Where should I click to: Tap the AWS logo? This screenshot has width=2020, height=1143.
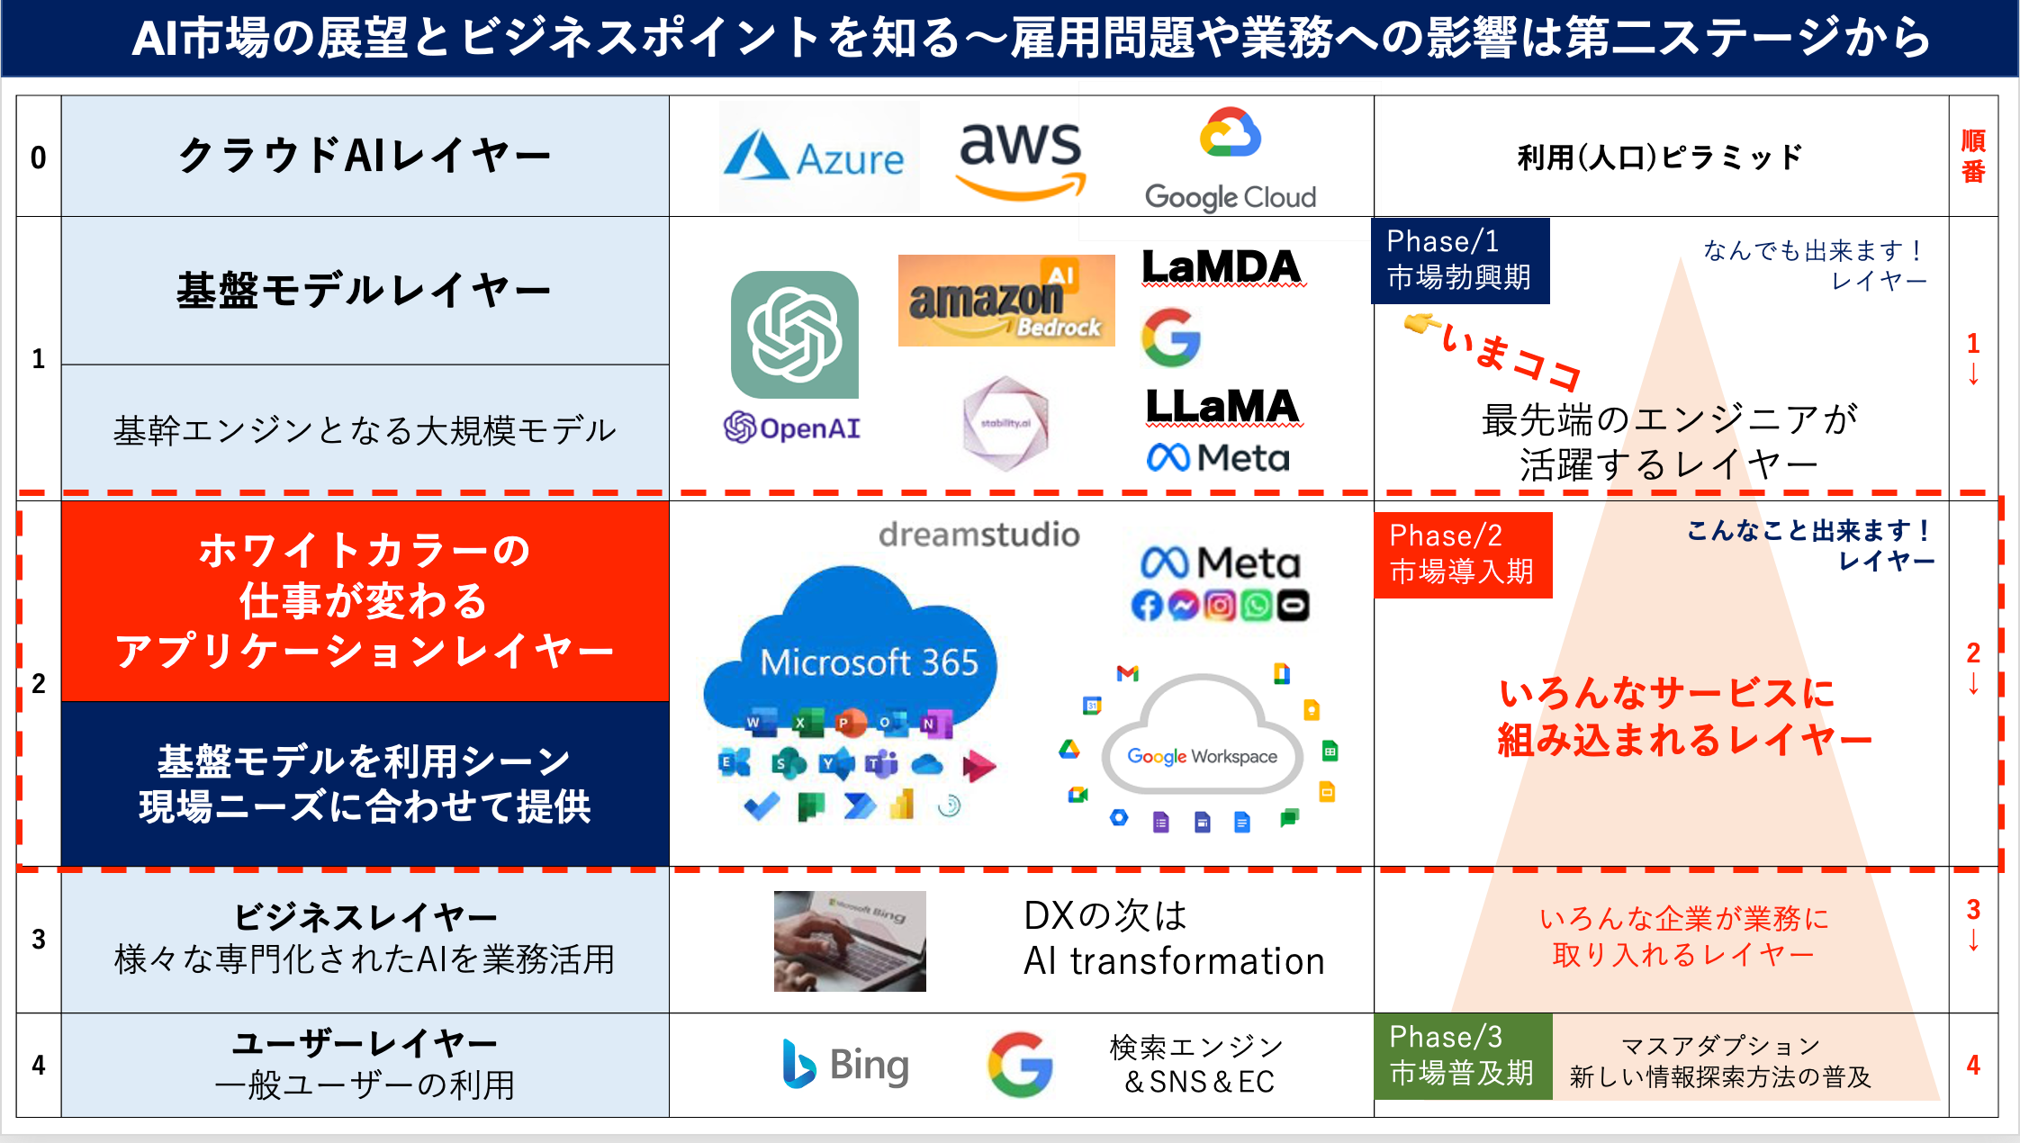pos(1020,158)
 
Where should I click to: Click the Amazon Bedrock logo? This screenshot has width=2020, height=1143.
pos(1005,301)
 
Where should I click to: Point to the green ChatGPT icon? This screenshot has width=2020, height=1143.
pos(794,335)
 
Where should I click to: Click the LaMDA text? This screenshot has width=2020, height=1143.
pos(1222,267)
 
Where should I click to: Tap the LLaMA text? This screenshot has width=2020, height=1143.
pos(1222,407)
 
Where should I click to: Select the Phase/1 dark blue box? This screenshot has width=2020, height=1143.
pos(1459,260)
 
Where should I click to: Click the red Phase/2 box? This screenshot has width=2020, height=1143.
pos(1462,554)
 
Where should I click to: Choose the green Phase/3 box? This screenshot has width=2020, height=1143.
pos(1462,1056)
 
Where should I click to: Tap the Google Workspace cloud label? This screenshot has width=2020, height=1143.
pos(1202,756)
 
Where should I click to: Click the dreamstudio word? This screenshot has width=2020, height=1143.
pos(978,535)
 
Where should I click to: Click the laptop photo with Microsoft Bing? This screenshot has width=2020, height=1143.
pos(850,940)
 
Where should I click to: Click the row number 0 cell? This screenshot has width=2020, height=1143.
pos(39,157)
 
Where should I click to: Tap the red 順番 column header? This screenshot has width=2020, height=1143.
pos(1972,157)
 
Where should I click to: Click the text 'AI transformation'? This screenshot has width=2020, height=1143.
pos(1174,961)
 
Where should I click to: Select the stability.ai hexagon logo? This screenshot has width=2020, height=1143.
pos(1005,423)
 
